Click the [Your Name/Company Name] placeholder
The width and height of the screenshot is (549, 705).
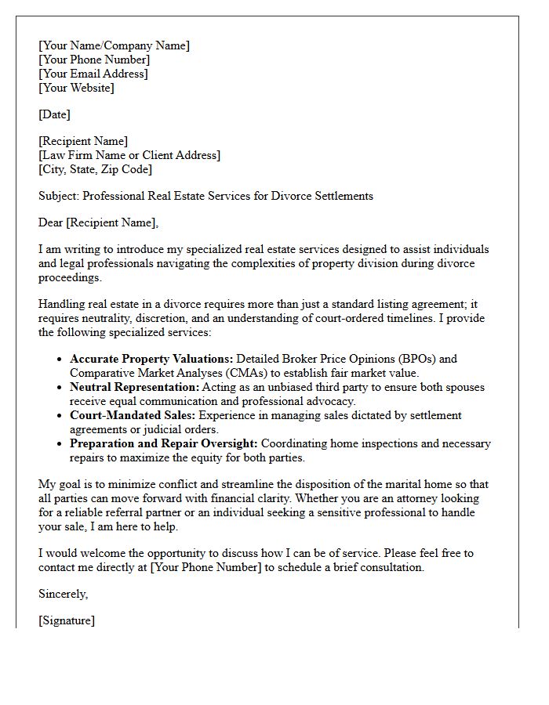(114, 45)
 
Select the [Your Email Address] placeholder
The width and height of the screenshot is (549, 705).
(93, 74)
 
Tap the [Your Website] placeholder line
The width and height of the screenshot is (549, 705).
(76, 88)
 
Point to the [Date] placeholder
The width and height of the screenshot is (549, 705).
(54, 114)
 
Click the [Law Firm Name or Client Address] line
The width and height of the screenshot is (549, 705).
(129, 155)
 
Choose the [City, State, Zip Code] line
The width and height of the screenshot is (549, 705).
(95, 169)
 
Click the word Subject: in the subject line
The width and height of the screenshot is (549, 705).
(59, 196)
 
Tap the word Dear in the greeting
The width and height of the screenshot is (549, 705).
(50, 222)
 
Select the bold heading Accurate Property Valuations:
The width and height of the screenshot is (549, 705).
(151, 359)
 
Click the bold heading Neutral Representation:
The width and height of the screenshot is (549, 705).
(135, 387)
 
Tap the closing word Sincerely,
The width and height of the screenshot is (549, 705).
(64, 594)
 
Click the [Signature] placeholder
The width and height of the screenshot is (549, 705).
(67, 620)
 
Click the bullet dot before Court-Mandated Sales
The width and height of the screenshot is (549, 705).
(60, 416)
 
